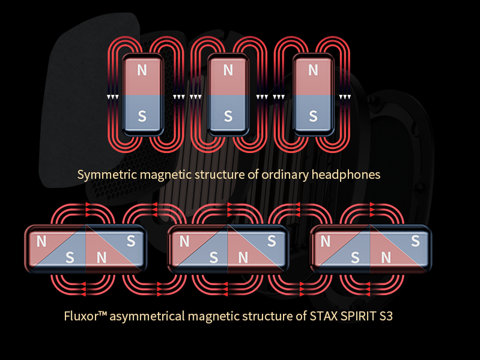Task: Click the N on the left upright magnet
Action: click(142, 70)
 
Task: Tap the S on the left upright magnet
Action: click(142, 116)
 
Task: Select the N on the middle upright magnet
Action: click(228, 70)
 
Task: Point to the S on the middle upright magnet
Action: click(228, 116)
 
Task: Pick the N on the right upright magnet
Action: click(313, 70)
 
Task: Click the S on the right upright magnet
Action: click(313, 116)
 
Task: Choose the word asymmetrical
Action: click(146, 316)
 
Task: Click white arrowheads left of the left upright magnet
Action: click(112, 97)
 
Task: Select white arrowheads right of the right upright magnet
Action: click(344, 97)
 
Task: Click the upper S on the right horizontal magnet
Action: click(415, 241)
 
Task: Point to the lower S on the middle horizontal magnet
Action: click(213, 258)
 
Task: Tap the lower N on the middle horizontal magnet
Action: click(243, 258)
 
